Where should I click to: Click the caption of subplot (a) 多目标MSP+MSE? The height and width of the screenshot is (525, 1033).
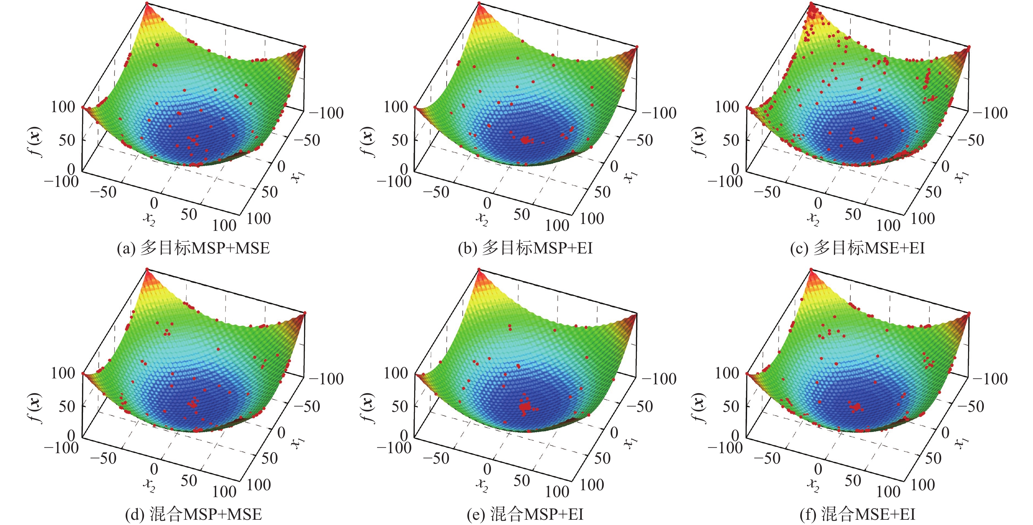[193, 249]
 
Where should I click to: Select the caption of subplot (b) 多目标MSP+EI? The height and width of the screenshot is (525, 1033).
[525, 249]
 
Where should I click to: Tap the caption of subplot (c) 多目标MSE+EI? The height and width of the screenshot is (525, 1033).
[857, 249]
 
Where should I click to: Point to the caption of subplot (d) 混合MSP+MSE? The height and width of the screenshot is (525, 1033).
[193, 515]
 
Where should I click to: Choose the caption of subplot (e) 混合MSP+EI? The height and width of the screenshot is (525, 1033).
[525, 515]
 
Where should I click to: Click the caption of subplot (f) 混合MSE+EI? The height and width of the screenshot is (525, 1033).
[857, 515]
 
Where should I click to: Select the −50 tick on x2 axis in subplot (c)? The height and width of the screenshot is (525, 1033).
[767, 192]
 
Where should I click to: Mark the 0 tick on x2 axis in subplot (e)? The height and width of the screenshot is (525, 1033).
[487, 469]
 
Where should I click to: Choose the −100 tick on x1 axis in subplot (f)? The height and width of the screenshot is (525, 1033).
[990, 379]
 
